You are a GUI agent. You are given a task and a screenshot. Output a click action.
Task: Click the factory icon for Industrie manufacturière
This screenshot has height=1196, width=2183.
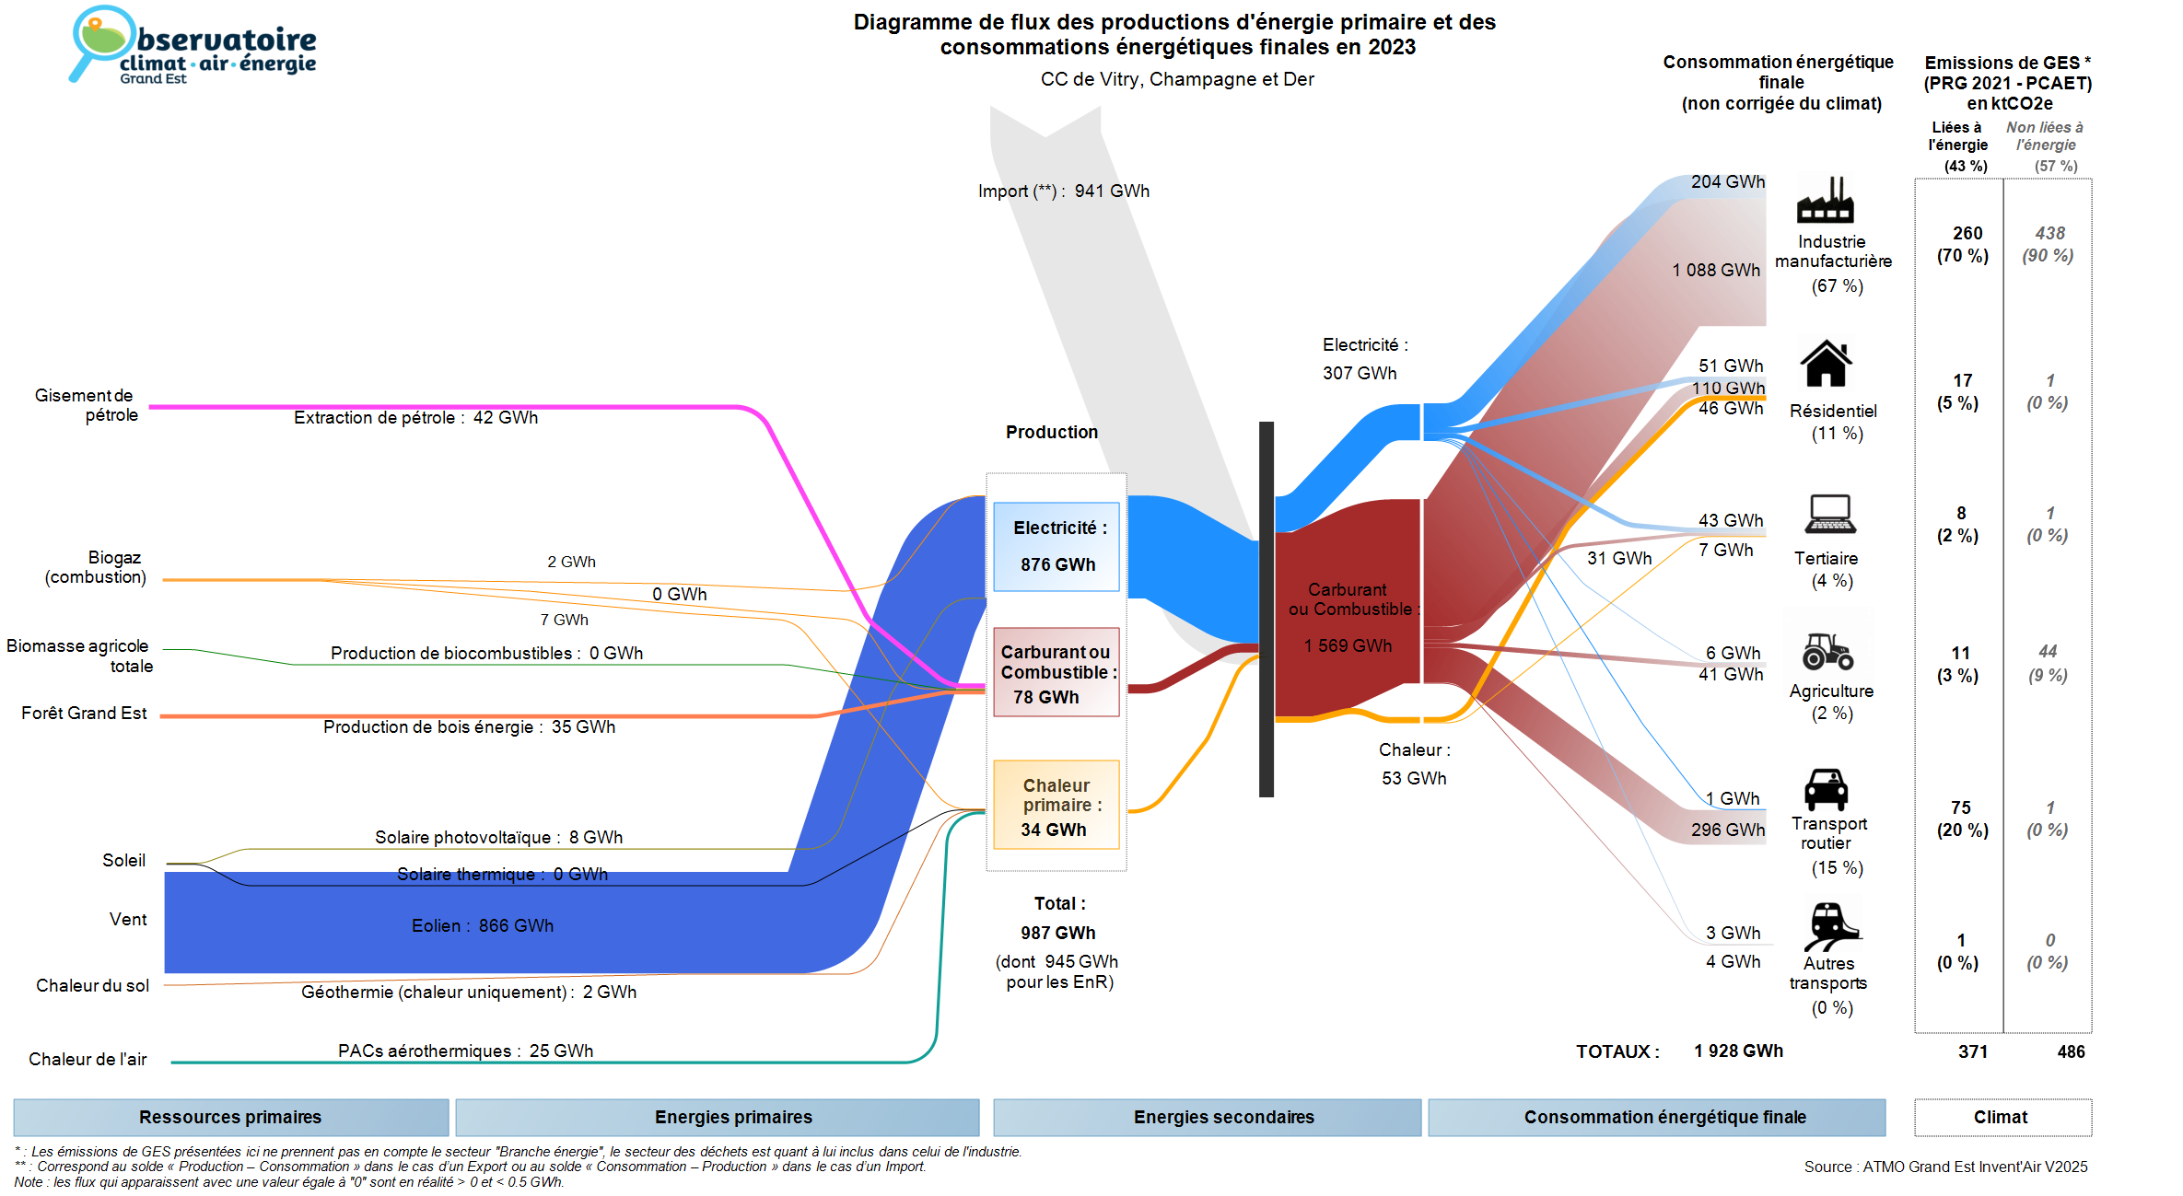pos(1825,201)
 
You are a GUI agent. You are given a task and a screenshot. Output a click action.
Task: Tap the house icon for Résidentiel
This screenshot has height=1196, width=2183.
pos(1826,364)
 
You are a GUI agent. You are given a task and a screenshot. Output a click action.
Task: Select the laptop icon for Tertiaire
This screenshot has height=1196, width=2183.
pos(1829,514)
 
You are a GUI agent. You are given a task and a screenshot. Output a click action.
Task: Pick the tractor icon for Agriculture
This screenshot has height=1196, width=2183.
pos(1827,651)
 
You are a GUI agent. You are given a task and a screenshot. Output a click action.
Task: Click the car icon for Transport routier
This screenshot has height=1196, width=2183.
pos(1826,789)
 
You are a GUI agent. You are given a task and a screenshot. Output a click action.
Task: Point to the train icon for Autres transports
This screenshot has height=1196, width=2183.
pos(1829,925)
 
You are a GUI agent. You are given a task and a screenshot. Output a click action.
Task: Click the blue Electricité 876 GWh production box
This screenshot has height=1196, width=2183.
pos(1056,546)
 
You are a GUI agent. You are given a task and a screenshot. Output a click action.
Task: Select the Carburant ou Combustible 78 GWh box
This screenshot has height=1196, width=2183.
pos(1056,672)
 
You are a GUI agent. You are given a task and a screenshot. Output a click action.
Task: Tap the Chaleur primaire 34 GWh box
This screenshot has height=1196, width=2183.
pos(1056,805)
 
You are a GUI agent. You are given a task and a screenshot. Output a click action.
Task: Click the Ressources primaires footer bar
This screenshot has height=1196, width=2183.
pos(230,1117)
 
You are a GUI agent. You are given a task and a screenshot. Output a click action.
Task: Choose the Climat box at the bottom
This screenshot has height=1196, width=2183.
pos(2002,1117)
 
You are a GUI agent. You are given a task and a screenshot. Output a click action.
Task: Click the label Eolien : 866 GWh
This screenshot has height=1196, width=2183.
pos(482,925)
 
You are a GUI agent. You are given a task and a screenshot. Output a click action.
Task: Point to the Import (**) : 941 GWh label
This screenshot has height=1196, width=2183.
pos(1064,191)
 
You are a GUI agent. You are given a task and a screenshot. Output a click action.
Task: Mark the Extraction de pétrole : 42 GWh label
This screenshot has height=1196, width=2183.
pos(415,417)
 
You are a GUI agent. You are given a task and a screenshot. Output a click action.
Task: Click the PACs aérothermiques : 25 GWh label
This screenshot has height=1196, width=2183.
pos(465,1051)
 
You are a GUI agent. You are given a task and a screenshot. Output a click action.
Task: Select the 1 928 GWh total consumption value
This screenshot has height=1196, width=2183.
pos(1738,1051)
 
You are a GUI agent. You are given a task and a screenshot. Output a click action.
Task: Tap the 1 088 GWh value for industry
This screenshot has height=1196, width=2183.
pos(1716,270)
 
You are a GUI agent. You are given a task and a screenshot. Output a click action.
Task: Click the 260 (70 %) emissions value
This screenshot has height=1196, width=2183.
pos(1964,244)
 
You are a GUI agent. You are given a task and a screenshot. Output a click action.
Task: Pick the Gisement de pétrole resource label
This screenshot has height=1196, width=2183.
pos(86,405)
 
